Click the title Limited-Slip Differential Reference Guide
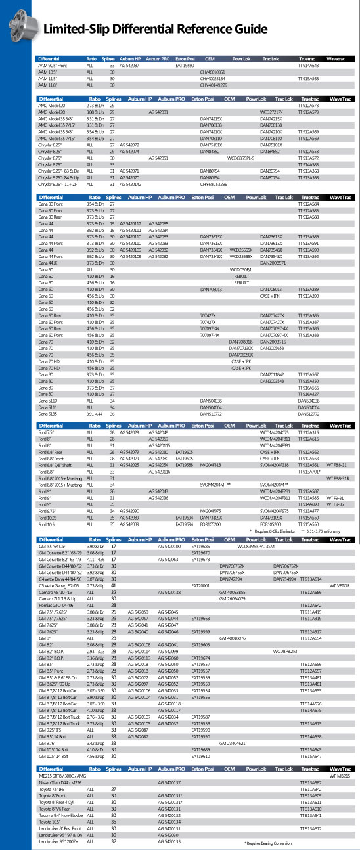point(155,29)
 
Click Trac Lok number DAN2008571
point(273,262)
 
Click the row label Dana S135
point(48,413)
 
